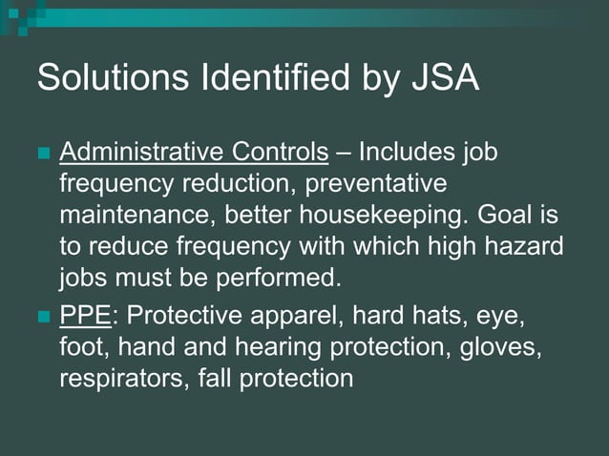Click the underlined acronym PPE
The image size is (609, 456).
pos(80,316)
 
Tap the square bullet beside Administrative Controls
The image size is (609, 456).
pos(43,154)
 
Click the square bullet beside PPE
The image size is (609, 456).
pos(43,317)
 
